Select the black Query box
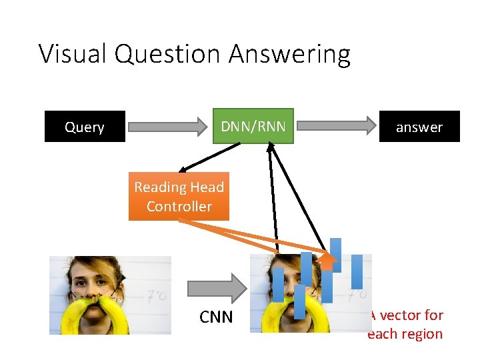[x=85, y=127]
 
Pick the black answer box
[x=419, y=127]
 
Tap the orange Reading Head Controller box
[x=179, y=197]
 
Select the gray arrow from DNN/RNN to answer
[x=336, y=125]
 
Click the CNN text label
[x=216, y=317]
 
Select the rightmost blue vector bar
[x=357, y=271]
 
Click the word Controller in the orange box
[x=179, y=206]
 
